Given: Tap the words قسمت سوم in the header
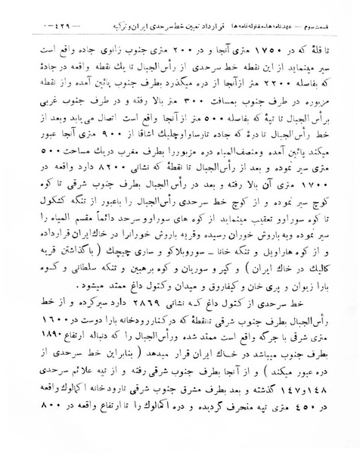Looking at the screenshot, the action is (x=42, y=16).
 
